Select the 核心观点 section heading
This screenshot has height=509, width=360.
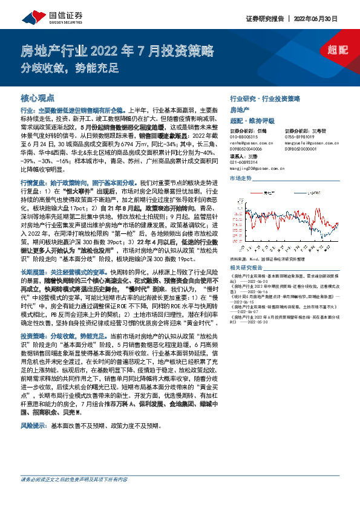[x=38, y=97]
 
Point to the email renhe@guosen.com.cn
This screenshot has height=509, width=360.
[x=247, y=142]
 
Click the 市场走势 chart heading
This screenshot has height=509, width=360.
[x=241, y=180]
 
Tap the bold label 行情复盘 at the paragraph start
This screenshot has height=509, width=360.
[x=33, y=181]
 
